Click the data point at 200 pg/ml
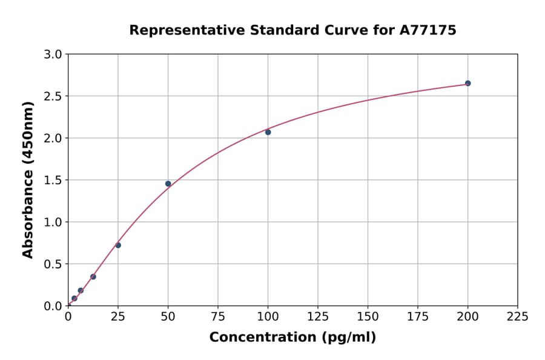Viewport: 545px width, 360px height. tap(467, 83)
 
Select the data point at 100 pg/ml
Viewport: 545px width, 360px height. tap(268, 132)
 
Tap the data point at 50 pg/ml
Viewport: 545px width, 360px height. tap(168, 184)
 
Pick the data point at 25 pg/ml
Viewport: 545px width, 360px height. tap(118, 245)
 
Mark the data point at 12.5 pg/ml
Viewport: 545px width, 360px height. tap(93, 277)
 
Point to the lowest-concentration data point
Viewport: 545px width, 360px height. tap(74, 298)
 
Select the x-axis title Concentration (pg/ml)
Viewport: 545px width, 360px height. tap(292, 338)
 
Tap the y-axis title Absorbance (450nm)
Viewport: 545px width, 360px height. tap(28, 179)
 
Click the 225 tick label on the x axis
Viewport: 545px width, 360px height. tap(518, 317)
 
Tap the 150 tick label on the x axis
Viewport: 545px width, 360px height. tap(368, 317)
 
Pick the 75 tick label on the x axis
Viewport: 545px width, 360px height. tap(218, 317)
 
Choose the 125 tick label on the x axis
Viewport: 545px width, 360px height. tap(318, 317)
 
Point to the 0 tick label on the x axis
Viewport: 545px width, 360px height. tap(68, 317)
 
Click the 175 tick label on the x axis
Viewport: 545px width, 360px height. tap(418, 317)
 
